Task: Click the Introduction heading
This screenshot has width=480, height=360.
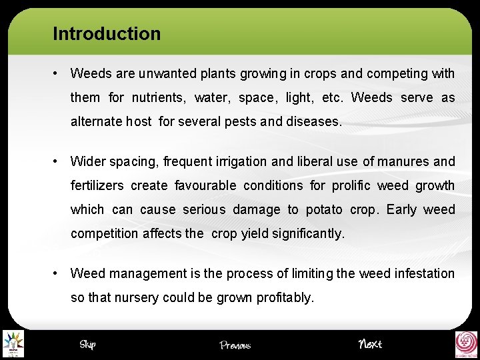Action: pos(107,33)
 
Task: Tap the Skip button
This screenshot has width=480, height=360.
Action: pos(87,344)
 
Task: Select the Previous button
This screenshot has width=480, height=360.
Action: pos(235,345)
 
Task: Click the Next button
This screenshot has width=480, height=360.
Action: pos(370,344)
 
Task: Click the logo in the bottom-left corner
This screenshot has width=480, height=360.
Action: pos(13,344)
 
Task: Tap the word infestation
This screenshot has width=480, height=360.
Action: pos(421,273)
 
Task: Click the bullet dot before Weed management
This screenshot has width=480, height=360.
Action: pos(58,273)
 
